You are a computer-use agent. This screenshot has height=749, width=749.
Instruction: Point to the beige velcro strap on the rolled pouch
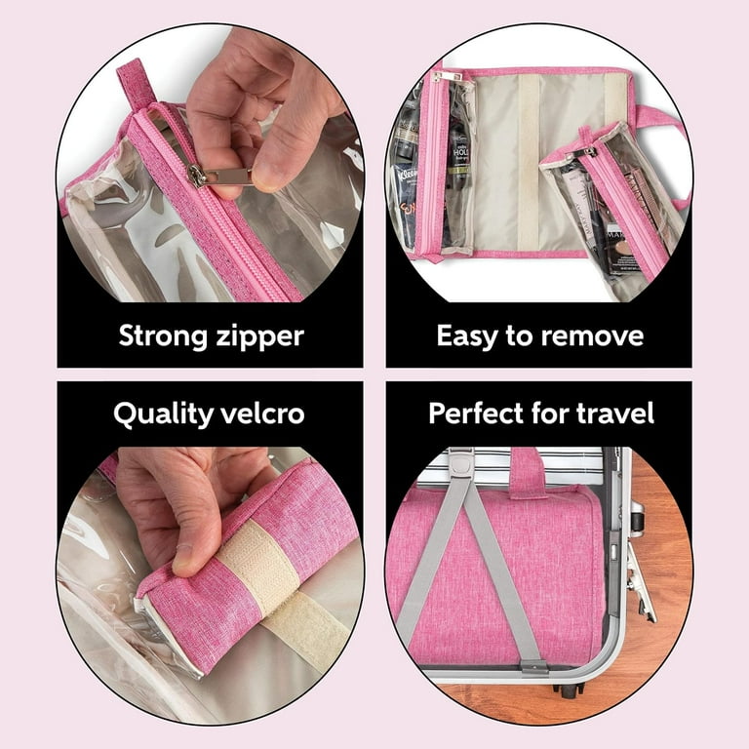(x=256, y=565)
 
